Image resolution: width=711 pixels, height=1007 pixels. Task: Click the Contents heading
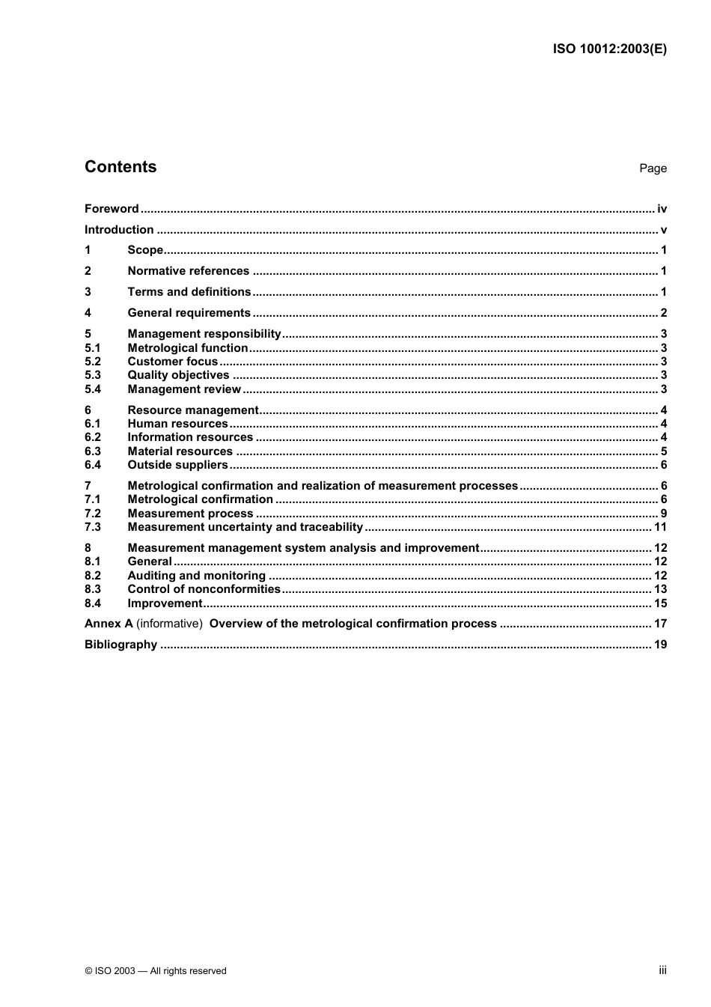tap(120, 167)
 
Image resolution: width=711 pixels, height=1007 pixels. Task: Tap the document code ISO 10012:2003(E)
tap(609, 49)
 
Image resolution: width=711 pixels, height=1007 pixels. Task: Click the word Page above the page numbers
tap(653, 168)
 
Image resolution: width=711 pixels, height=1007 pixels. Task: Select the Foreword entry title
tap(112, 209)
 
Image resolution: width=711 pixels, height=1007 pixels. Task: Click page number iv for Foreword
tap(662, 209)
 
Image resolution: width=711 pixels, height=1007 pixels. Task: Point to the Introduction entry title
tap(119, 230)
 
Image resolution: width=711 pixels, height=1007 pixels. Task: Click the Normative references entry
tap(188, 271)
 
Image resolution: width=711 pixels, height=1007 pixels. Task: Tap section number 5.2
tap(93, 362)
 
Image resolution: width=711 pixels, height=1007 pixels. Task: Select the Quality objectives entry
tap(178, 375)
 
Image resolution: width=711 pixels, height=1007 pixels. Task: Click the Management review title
tap(184, 389)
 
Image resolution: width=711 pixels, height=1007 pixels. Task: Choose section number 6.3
tap(93, 451)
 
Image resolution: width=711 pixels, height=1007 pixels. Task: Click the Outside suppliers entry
tap(177, 465)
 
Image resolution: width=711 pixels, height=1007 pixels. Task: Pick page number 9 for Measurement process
tap(664, 514)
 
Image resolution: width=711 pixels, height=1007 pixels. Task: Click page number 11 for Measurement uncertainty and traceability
tap(660, 527)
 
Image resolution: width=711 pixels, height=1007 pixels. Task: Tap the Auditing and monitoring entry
tap(196, 576)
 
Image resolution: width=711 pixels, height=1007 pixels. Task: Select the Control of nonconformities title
tap(204, 589)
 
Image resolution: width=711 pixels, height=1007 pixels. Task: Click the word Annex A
tap(109, 624)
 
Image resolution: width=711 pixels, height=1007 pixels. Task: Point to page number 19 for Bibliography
tap(660, 645)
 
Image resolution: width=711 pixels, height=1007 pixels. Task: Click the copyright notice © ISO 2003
tap(155, 971)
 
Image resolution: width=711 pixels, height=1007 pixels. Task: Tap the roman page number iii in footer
tap(662, 970)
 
